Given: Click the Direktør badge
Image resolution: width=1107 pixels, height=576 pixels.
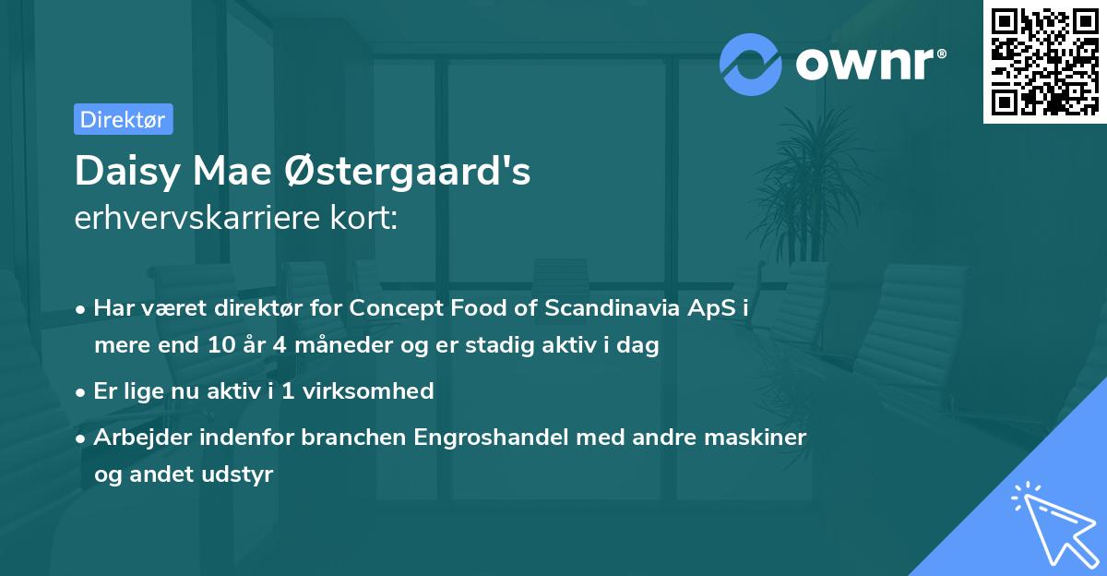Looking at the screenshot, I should [x=123, y=119].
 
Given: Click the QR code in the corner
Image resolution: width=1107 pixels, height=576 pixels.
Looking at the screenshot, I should [x=1045, y=62].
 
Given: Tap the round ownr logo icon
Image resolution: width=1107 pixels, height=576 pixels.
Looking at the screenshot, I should [x=751, y=65].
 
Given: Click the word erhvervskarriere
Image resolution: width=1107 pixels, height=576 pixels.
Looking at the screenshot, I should [x=202, y=218].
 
